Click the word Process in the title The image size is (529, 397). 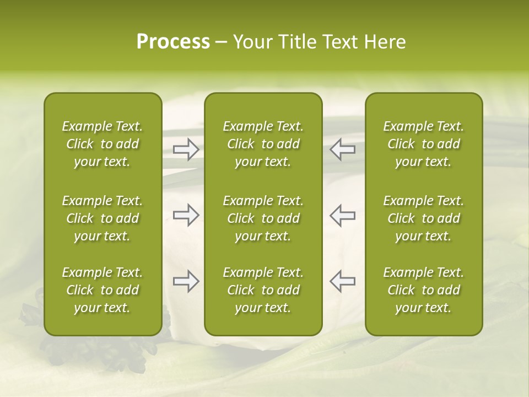(x=173, y=42)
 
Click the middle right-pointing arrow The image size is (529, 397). (x=186, y=215)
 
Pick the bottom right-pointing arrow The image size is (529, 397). (x=186, y=281)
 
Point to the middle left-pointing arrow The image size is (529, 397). (x=342, y=215)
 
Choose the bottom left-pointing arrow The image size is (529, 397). (x=342, y=281)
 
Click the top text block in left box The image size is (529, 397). (x=102, y=144)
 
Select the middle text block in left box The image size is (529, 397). (x=102, y=218)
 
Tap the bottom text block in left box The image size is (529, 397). (x=102, y=290)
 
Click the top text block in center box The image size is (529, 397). (x=263, y=144)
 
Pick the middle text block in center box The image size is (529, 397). (x=263, y=218)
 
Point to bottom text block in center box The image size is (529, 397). (x=263, y=290)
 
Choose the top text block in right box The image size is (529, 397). (x=423, y=144)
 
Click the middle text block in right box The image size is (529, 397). (x=423, y=218)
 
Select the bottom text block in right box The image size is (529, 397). (x=423, y=290)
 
